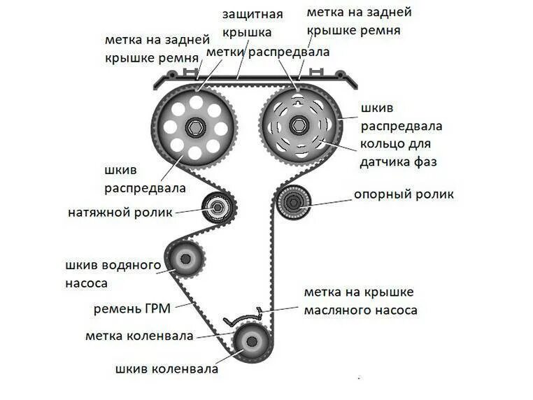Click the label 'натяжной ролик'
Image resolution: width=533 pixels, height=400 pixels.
[x=120, y=212]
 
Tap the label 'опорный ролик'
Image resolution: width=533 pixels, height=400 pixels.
[x=403, y=194]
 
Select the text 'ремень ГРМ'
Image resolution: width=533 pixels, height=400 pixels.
[x=132, y=308]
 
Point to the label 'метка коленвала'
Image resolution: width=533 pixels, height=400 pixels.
[x=139, y=336]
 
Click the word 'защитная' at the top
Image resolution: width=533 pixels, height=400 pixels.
[x=253, y=15]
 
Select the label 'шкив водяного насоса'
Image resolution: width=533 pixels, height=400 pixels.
[x=113, y=273]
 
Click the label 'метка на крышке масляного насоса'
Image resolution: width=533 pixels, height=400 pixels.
[x=360, y=301]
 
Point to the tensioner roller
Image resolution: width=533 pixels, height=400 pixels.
[x=218, y=208]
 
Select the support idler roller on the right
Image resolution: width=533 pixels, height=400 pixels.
[x=292, y=203]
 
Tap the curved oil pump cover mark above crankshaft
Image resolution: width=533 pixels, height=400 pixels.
[x=242, y=316]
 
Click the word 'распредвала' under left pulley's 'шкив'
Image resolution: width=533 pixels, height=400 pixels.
[x=145, y=187]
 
